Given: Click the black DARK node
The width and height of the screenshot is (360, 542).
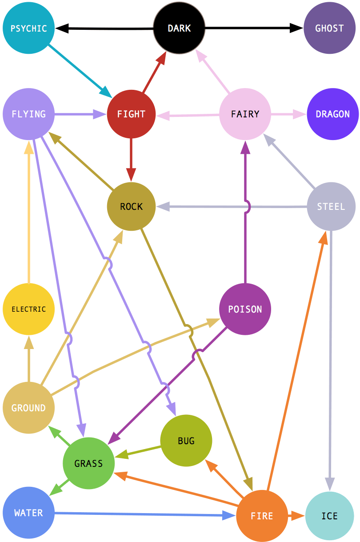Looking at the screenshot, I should click(179, 28).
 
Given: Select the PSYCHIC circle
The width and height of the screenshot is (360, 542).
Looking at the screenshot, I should click(28, 28).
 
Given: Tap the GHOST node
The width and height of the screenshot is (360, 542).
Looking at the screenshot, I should click(329, 28).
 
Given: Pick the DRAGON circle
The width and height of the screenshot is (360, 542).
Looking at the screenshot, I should click(332, 114).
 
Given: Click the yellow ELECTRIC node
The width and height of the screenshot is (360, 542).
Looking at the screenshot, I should click(28, 309).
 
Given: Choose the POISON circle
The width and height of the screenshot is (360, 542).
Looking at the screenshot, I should click(245, 309).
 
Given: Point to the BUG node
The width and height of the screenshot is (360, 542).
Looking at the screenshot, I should click(186, 441).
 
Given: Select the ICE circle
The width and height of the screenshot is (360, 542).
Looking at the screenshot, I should click(329, 516).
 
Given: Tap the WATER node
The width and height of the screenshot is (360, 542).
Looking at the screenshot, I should click(28, 513).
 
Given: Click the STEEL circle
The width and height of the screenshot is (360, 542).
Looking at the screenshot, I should click(331, 207).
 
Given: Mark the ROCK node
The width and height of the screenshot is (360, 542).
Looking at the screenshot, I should click(131, 207).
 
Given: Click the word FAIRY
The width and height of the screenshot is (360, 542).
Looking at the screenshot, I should click(245, 114).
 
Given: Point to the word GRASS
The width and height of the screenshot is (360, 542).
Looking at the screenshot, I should click(88, 464).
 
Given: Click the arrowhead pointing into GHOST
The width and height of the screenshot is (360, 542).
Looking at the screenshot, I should click(297, 28).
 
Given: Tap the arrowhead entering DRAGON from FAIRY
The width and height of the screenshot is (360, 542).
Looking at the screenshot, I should click(301, 114).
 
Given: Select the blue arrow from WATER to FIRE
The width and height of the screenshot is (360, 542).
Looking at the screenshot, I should click(142, 514).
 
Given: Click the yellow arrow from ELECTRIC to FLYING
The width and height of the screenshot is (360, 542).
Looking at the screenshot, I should click(28, 213).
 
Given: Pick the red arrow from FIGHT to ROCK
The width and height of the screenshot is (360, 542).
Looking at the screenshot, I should click(131, 156).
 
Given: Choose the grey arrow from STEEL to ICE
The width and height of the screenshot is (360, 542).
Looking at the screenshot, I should click(330, 356).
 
